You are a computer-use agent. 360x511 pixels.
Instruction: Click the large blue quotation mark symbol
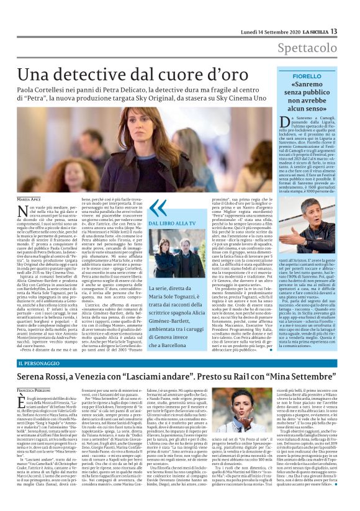click(160, 207)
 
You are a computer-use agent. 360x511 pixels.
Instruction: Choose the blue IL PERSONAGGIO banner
click(43, 362)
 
